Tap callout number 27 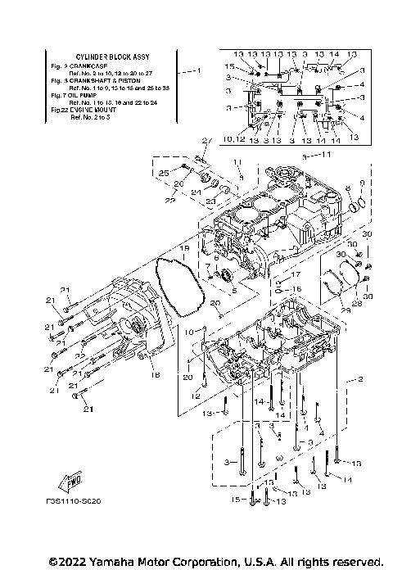pos(207,140)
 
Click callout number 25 pos(162,174)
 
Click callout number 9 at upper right pos(362,183)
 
